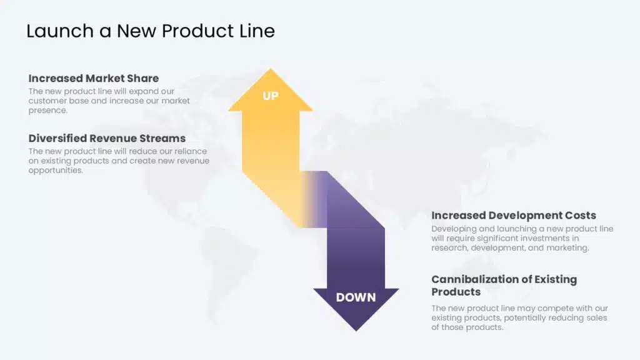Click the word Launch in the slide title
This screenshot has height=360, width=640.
point(60,31)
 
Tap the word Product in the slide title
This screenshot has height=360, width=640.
point(197,31)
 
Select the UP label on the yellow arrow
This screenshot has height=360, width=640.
point(270,96)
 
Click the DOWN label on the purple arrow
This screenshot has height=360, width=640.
point(356,297)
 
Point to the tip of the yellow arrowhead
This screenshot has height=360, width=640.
point(270,69)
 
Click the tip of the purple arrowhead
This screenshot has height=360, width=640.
point(356,331)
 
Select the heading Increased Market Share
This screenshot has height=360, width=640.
point(94,78)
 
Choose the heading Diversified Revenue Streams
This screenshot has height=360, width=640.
point(107,138)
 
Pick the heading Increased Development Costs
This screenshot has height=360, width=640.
point(514,215)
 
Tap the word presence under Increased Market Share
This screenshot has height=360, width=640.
point(47,110)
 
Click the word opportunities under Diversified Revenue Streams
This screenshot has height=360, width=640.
point(56,170)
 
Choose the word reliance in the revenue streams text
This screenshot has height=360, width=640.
point(190,151)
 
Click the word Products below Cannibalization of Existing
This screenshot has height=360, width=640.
point(456,292)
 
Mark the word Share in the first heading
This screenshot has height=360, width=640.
point(143,78)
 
